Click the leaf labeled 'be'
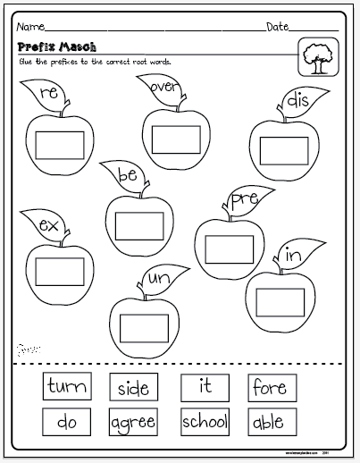126,175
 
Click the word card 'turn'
67,387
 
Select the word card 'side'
133,387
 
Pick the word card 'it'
205,387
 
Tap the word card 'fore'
269,387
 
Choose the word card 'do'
67,421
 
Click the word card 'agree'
133,421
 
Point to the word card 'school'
205,421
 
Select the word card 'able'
269,421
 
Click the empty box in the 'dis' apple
284,150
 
